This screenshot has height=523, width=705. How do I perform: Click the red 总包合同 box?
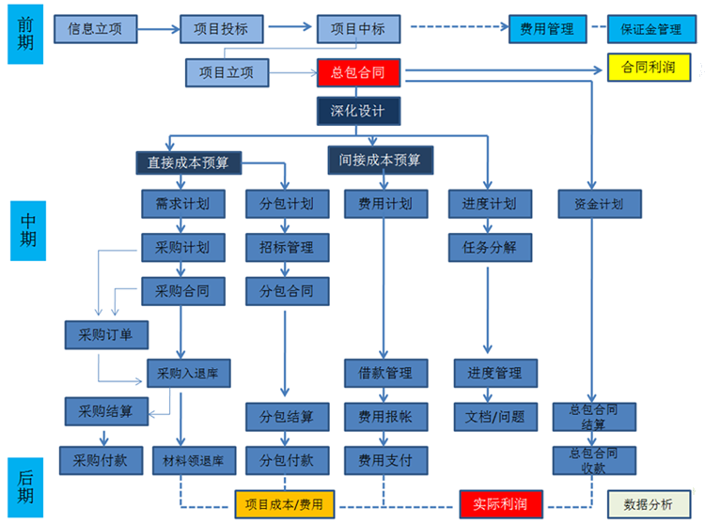coord(358,71)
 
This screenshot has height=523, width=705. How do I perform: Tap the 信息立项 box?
coord(94,29)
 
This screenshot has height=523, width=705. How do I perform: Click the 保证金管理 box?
coord(650,29)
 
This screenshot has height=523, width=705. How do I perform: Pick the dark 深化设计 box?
coord(358,112)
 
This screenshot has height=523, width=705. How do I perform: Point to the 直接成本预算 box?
coord(188,162)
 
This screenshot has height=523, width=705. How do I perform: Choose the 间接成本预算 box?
coord(380,160)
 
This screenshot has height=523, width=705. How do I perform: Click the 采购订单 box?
coord(106,333)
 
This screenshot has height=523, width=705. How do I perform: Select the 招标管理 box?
coord(287,248)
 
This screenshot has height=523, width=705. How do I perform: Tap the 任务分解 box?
coord(489,247)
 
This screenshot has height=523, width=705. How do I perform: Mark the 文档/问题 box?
coord(489,415)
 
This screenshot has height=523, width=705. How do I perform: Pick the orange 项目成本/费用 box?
coord(283,504)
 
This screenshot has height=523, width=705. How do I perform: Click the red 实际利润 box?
coord(500,504)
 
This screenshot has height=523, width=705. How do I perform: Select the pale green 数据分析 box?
coord(649,504)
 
